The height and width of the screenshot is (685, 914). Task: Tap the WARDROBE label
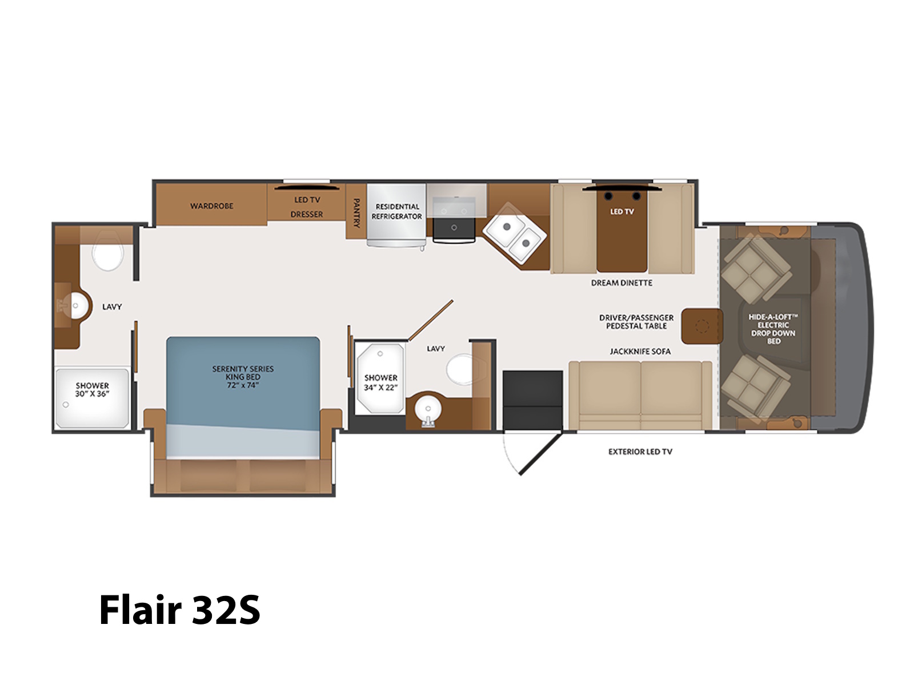click(211, 206)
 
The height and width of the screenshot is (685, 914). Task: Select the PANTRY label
click(356, 213)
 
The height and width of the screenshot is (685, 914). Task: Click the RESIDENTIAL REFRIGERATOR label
click(396, 211)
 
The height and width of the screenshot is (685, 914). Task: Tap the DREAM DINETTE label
click(622, 283)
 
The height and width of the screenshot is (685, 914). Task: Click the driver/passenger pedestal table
click(701, 326)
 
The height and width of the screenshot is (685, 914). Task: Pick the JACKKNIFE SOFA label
click(640, 352)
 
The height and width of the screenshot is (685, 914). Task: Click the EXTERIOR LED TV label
click(640, 452)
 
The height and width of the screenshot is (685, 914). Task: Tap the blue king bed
click(243, 398)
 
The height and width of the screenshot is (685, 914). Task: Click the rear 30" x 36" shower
click(92, 398)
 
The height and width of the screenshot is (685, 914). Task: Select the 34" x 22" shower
click(380, 378)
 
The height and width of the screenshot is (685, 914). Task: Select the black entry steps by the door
click(532, 401)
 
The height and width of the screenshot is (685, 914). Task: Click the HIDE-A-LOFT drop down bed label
click(773, 329)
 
